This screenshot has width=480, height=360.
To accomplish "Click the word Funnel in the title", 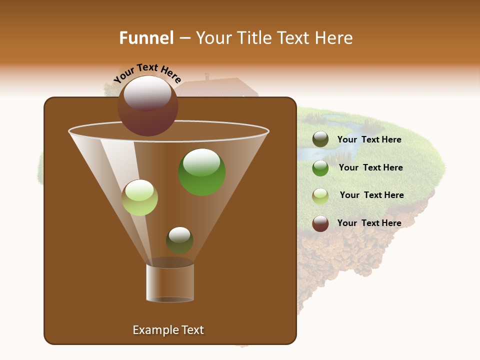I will pos(146,38).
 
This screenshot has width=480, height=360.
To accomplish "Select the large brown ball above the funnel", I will pos(147,106).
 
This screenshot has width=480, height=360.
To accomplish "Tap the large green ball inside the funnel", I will pos(201,172).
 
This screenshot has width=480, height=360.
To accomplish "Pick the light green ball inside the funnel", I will pos(140,197).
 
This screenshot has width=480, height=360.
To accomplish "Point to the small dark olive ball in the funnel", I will pos(179,240).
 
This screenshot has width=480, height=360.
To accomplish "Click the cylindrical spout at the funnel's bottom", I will pos(169,283).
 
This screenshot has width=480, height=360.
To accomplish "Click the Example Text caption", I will pos(168,330).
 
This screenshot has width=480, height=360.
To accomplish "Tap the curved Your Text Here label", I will pos(147,73).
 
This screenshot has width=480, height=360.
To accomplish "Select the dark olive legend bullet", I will pos(320,139).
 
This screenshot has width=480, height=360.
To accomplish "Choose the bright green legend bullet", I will pos(320,168).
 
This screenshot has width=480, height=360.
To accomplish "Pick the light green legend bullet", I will pos(320,196).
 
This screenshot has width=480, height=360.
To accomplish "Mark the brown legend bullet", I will pos(320,223).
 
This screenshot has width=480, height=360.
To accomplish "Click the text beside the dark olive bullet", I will pos(369,139).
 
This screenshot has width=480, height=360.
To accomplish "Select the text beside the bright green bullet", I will pos(370,167).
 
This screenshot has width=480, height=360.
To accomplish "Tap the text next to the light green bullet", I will pos(371,195).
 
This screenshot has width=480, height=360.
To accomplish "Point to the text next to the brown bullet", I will pos(369,223).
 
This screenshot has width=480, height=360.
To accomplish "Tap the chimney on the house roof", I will pos(206,76).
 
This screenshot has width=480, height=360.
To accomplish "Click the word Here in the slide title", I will pos(334,38).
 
